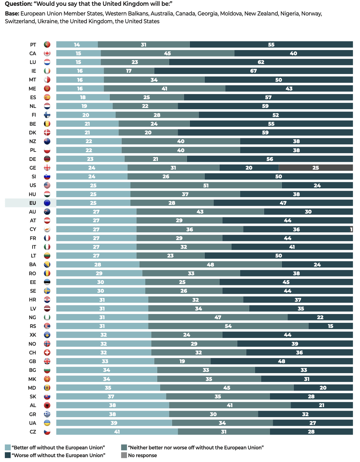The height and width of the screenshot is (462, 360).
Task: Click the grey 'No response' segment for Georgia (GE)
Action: (315, 168)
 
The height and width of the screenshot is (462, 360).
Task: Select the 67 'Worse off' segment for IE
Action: (253, 71)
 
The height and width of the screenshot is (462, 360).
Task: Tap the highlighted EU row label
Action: (33, 203)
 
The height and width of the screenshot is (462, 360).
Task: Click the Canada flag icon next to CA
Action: (47, 53)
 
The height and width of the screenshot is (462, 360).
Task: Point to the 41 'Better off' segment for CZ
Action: (117, 432)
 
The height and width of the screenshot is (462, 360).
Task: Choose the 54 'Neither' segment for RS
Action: (228, 326)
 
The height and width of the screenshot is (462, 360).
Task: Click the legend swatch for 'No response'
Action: (124, 455)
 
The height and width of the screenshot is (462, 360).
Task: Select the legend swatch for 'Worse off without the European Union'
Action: (8, 455)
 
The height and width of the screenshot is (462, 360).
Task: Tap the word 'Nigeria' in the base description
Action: (289, 14)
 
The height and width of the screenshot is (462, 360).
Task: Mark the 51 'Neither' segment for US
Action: (206, 185)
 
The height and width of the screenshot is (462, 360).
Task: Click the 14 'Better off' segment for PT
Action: (77, 45)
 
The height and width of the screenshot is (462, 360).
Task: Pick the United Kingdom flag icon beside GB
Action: (47, 361)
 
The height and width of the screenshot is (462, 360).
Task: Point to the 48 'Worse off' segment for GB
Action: (282, 361)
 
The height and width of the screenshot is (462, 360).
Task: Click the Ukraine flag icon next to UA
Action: (47, 423)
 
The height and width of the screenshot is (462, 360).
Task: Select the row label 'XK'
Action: (33, 335)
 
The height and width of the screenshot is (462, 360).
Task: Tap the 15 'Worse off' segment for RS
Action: (331, 326)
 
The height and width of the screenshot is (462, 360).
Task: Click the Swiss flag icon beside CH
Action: (47, 352)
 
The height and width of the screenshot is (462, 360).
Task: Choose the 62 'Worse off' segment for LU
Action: (261, 62)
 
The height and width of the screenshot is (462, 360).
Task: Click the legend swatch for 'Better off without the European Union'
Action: (8, 447)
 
